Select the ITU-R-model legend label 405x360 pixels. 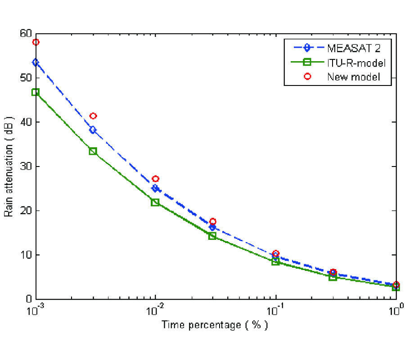(x=353, y=62)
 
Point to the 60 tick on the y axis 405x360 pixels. (x=26, y=34)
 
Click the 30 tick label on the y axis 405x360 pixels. (x=26, y=166)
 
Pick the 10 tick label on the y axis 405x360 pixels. (x=26, y=255)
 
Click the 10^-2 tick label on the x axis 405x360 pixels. (x=155, y=310)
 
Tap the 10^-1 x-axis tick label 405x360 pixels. (x=275, y=310)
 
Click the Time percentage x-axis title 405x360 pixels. (x=215, y=325)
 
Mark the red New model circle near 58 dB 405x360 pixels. (x=36, y=42)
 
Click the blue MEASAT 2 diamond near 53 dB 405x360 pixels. (x=36, y=62)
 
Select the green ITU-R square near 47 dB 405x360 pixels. (x=36, y=92)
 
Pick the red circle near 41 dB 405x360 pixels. (x=93, y=116)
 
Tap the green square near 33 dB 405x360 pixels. (x=93, y=151)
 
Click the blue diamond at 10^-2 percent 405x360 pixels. (x=155, y=188)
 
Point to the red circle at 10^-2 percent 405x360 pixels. (x=155, y=179)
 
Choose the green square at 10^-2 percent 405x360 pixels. (x=155, y=202)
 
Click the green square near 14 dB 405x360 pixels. (x=212, y=236)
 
